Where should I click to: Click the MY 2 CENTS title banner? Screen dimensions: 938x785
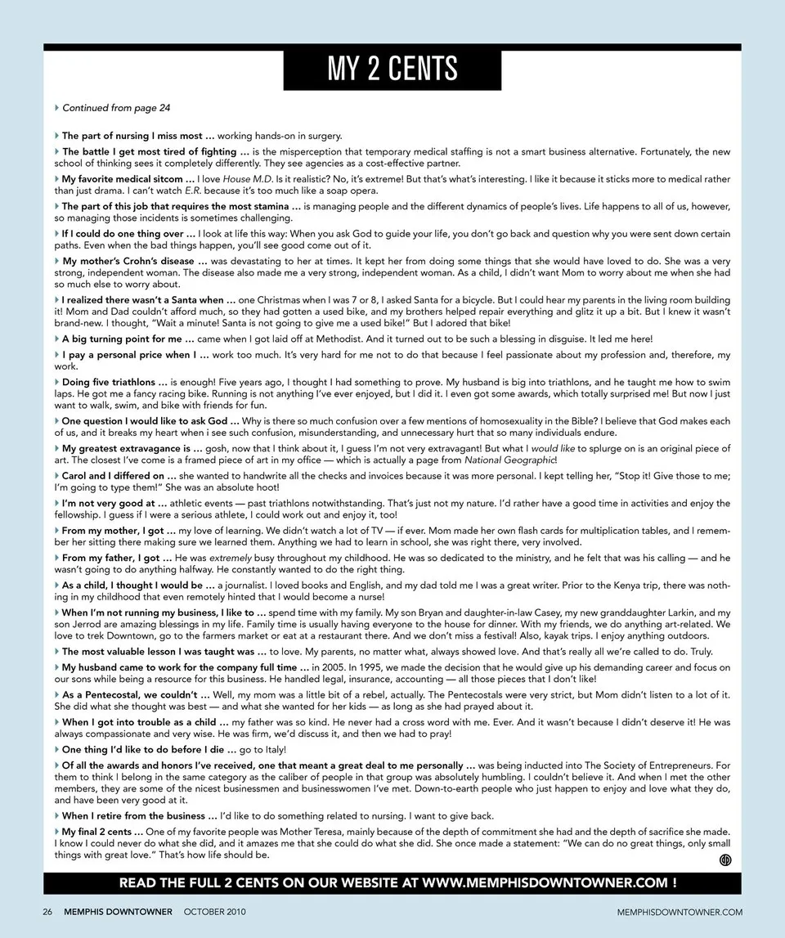click(392, 69)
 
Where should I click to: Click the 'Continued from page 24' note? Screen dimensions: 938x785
click(115, 108)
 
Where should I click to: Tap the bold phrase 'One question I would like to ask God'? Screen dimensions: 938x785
click(146, 421)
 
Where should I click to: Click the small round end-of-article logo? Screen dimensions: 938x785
click(724, 859)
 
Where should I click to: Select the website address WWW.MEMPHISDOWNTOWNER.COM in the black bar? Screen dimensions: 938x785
click(546, 883)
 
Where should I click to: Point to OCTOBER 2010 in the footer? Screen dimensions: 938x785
click(214, 912)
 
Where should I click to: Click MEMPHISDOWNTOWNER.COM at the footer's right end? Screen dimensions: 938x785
click(680, 912)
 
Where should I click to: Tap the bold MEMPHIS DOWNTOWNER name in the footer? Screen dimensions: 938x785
click(118, 912)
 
